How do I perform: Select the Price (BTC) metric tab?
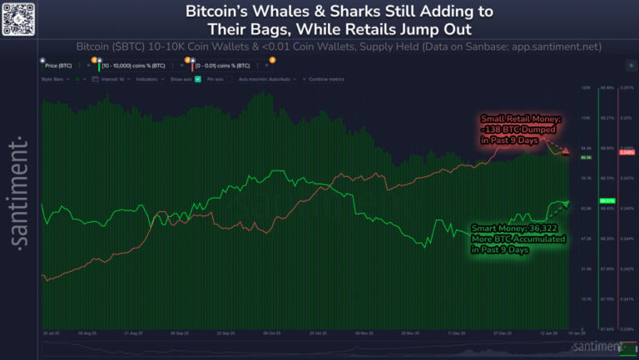click(x=59, y=64)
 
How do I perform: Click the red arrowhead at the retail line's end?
click(x=565, y=152)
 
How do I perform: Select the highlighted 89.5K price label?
click(x=586, y=157)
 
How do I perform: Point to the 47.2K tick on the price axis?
click(x=586, y=239)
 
